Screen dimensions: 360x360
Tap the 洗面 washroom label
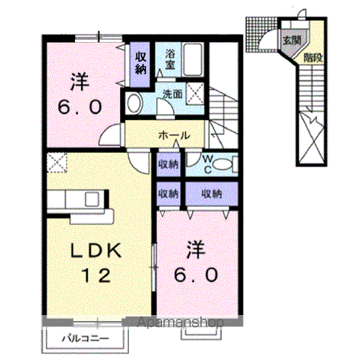point(172,94)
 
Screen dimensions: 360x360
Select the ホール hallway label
point(172,136)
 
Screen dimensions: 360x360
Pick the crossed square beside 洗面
point(197,94)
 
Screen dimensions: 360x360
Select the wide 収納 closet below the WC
point(212,193)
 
